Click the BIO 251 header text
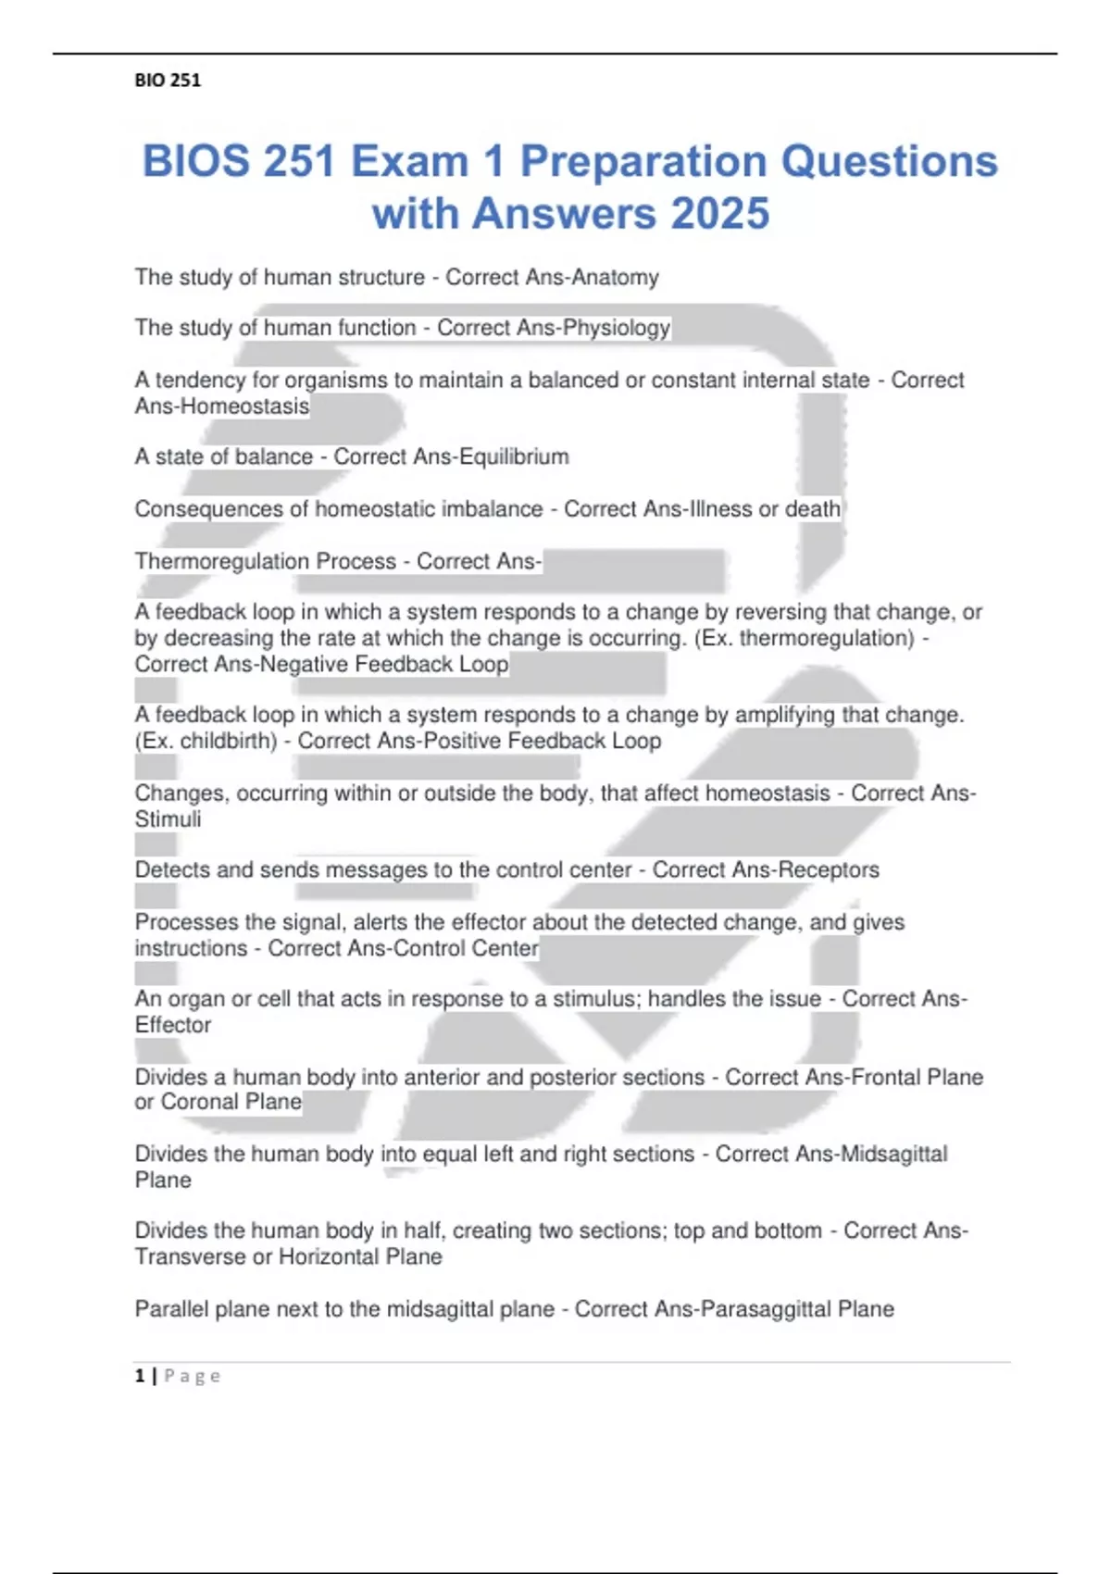[168, 81]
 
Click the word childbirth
[228, 741]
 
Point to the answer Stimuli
[168, 819]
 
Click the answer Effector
[173, 1025]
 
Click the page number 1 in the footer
[140, 1376]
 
